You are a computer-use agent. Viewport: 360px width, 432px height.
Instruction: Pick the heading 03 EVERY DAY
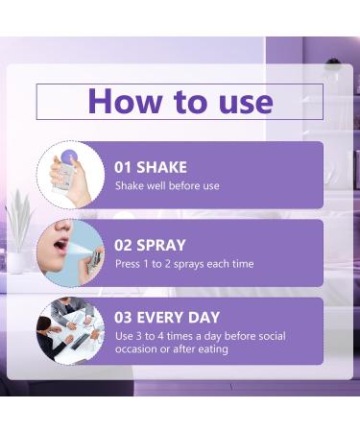point(167,318)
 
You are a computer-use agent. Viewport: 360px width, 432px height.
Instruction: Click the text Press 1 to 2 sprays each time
point(184,264)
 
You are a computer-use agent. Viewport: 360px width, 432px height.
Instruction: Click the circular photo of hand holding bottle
point(70,175)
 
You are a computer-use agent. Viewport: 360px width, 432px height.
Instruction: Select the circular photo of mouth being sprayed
point(70,252)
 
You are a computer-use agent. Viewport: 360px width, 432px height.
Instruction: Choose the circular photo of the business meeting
point(70,330)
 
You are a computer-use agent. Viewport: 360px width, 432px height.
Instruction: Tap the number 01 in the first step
point(123,166)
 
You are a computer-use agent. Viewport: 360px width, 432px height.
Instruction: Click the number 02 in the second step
point(123,245)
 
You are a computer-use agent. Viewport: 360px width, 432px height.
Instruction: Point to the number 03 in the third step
point(123,318)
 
